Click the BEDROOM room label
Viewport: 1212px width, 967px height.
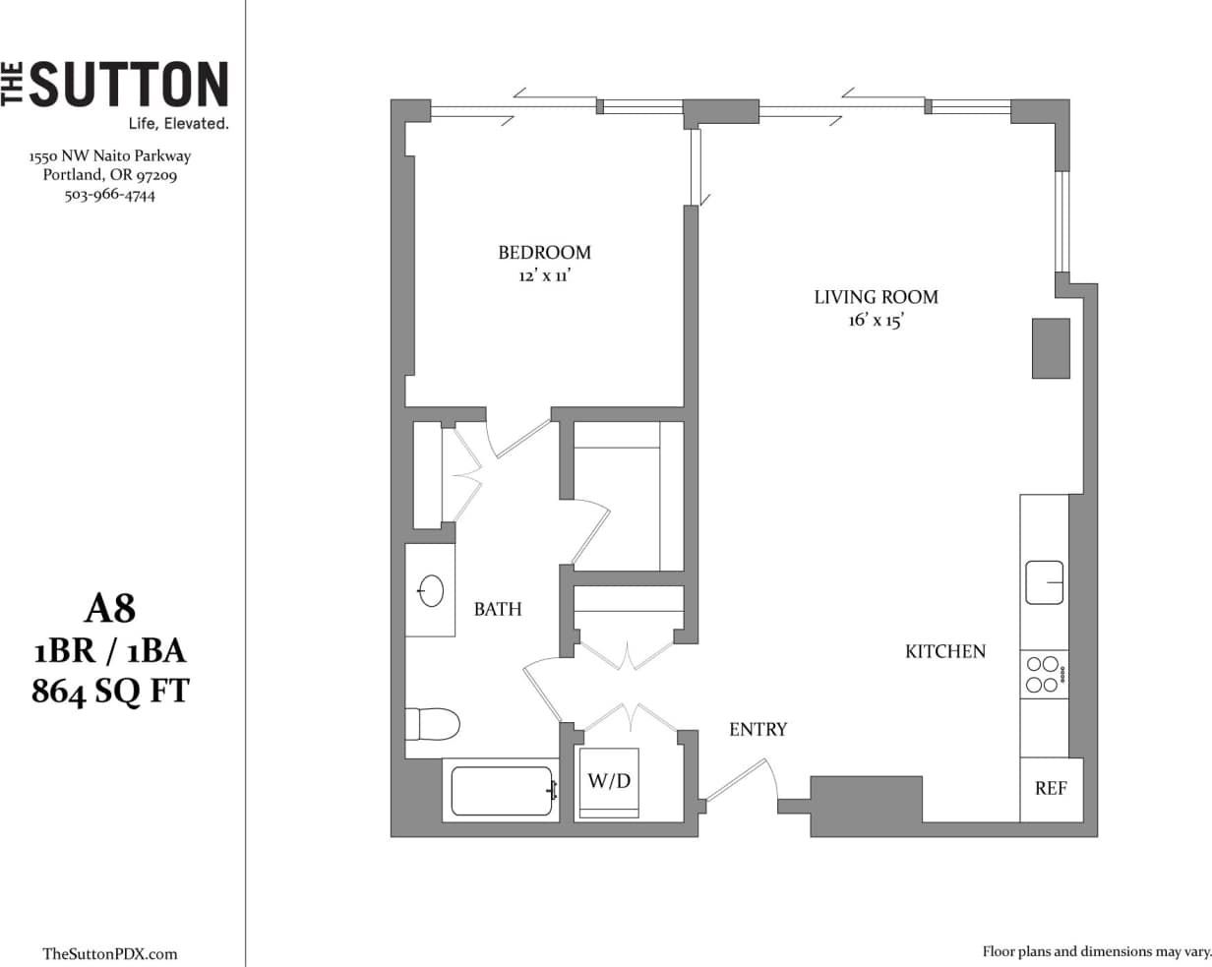pyautogui.click(x=544, y=253)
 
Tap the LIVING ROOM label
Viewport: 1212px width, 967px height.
pyautogui.click(x=876, y=297)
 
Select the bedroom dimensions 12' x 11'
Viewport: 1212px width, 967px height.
pyautogui.click(x=544, y=276)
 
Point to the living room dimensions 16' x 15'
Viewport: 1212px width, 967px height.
pyautogui.click(x=876, y=321)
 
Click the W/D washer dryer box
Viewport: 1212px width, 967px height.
pyautogui.click(x=609, y=782)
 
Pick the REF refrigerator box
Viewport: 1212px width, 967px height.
pyautogui.click(x=1051, y=789)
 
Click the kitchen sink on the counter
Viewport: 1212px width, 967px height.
pyautogui.click(x=1044, y=582)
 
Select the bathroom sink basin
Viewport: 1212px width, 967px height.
pyautogui.click(x=431, y=591)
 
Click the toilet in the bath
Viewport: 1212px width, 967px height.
pyautogui.click(x=433, y=725)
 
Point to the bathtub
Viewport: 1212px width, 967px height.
pyautogui.click(x=502, y=791)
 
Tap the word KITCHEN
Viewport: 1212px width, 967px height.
pyautogui.click(x=944, y=651)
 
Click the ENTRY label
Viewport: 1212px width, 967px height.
pyautogui.click(x=757, y=730)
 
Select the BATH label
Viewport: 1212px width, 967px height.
pyautogui.click(x=498, y=610)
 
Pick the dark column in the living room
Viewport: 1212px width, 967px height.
pyautogui.click(x=1050, y=348)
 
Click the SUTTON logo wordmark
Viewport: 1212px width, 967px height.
pyautogui.click(x=128, y=85)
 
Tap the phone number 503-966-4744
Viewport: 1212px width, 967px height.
pyautogui.click(x=109, y=195)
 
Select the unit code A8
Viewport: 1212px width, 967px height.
pyautogui.click(x=109, y=610)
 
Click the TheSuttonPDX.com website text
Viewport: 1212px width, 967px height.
pyautogui.click(x=110, y=953)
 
